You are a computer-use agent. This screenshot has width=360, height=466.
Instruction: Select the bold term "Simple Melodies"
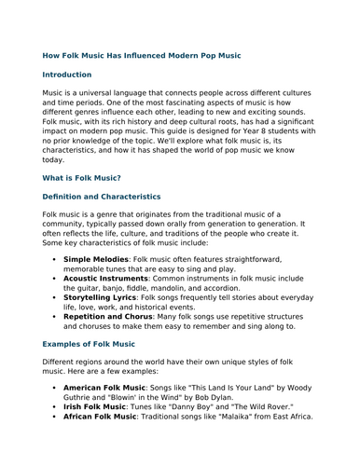pos(98,258)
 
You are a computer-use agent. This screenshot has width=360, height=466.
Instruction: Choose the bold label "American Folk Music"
pos(104,387)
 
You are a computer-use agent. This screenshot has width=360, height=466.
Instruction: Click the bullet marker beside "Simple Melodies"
pos(54,258)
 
